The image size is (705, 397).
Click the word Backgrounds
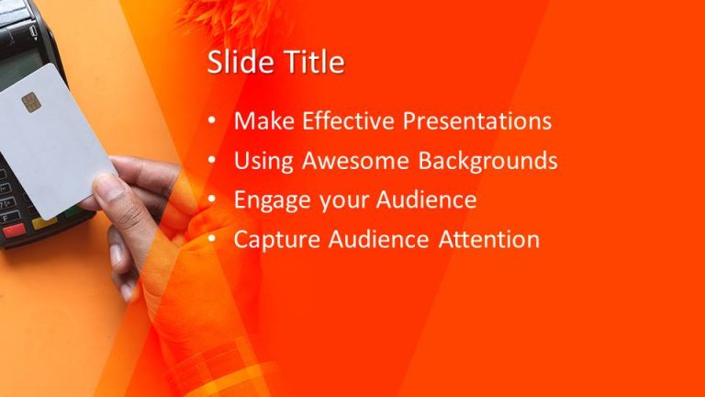[488, 161]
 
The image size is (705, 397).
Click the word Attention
[487, 240]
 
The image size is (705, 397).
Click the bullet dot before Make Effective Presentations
[212, 121]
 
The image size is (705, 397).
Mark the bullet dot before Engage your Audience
[212, 200]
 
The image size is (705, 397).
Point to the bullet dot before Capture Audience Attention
[212, 240]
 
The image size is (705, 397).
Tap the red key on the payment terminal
[14, 231]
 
